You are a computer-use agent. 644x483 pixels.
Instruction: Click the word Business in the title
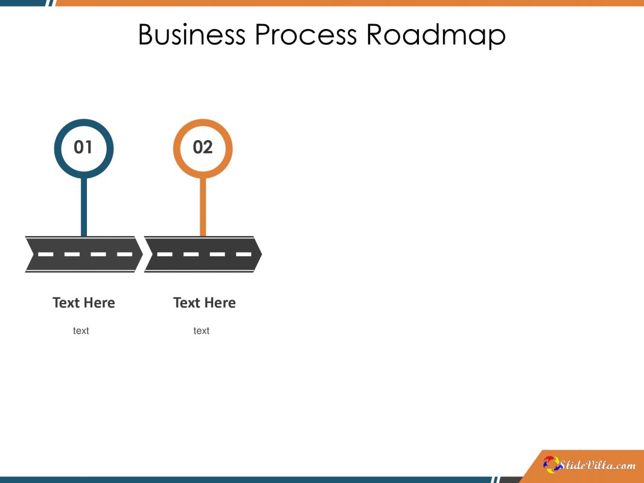[191, 35]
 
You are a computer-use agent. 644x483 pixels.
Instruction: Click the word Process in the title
[305, 35]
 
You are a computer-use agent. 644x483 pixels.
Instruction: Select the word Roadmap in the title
[436, 35]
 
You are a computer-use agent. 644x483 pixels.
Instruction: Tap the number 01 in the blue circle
[83, 147]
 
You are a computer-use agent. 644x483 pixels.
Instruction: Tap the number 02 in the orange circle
[203, 147]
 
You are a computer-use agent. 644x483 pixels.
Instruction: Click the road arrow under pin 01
[84, 254]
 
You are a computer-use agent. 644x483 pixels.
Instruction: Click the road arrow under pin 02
[203, 254]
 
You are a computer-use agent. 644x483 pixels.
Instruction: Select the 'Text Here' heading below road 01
[84, 302]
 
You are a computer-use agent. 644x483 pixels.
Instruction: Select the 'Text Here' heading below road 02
[205, 302]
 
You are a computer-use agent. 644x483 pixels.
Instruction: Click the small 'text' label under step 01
[81, 331]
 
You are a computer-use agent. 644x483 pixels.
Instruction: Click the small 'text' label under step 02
[202, 331]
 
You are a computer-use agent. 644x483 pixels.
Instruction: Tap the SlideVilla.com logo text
[598, 465]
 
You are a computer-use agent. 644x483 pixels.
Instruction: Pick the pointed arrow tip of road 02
[258, 254]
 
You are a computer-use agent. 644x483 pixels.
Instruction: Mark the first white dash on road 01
[46, 254]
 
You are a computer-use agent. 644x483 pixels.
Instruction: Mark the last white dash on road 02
[243, 254]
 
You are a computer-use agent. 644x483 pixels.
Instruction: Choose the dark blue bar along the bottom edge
[241, 480]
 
